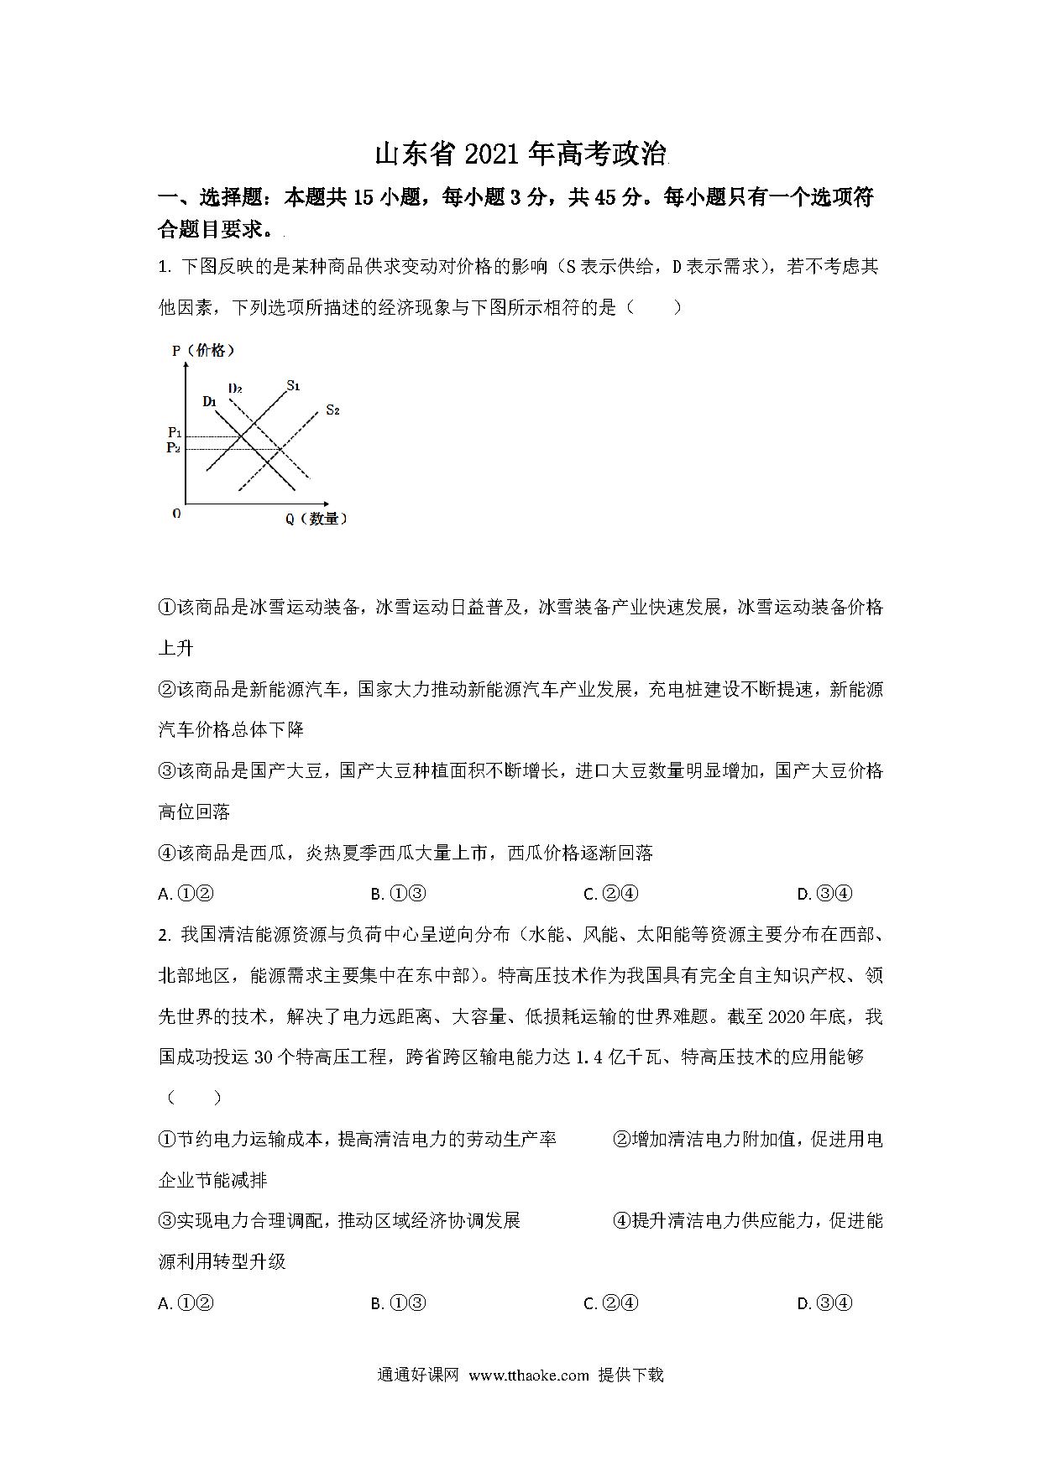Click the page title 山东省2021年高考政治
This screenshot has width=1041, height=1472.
tap(520, 155)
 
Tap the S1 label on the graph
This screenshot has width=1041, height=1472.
tap(293, 386)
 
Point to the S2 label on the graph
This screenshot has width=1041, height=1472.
tap(332, 410)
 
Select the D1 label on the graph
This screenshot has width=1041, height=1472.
tap(210, 401)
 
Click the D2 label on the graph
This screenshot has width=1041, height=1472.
tap(235, 389)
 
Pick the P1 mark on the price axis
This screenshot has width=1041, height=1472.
tap(175, 433)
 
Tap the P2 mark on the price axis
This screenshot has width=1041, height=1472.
tap(174, 448)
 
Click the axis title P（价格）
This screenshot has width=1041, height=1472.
tap(203, 351)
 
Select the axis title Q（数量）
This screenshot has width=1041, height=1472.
tap(316, 519)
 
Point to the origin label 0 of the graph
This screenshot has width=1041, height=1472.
tap(176, 514)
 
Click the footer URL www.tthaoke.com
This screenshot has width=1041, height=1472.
tap(529, 1375)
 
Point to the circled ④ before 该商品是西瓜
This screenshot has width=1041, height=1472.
tap(167, 853)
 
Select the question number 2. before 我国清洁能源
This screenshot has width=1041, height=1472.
tap(165, 935)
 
